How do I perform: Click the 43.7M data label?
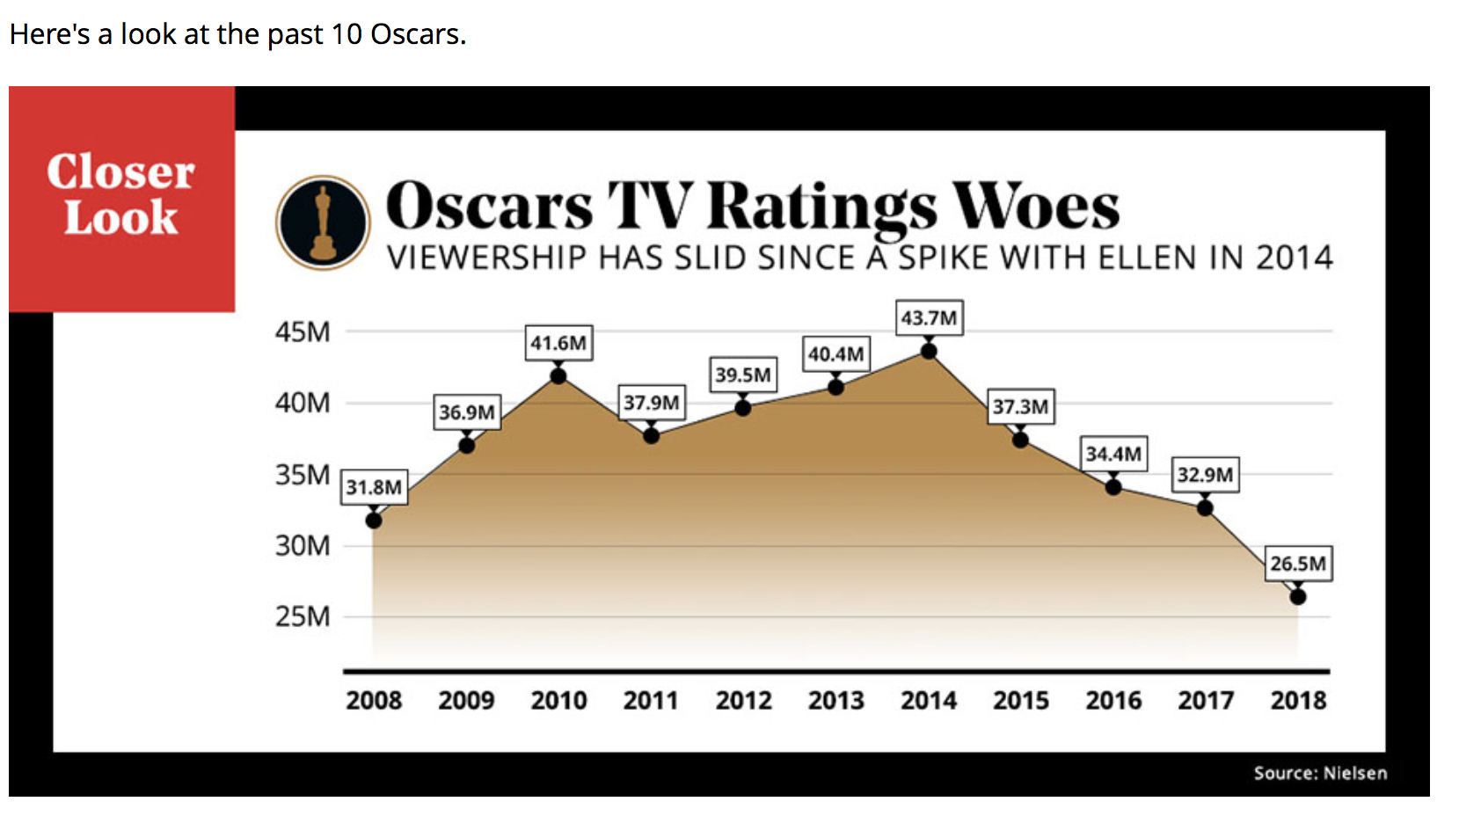point(929,317)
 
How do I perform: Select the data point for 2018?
point(1298,596)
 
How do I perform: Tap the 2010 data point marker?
point(558,376)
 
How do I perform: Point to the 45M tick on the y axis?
point(303,332)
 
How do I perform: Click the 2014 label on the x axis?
point(929,700)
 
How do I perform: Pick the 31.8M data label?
point(374,487)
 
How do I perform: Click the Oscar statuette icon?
point(323,222)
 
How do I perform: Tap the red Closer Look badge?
point(121,198)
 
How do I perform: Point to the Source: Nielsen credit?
point(1320,773)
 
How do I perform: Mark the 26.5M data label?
point(1298,564)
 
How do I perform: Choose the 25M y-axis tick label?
point(303,616)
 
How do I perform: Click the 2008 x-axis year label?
point(374,700)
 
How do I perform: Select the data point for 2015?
point(1020,439)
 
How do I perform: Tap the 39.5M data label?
point(743,375)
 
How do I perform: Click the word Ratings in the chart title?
point(822,208)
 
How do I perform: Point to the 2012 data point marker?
point(743,408)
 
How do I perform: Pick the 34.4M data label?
point(1113,454)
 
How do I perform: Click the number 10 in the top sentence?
point(347,34)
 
